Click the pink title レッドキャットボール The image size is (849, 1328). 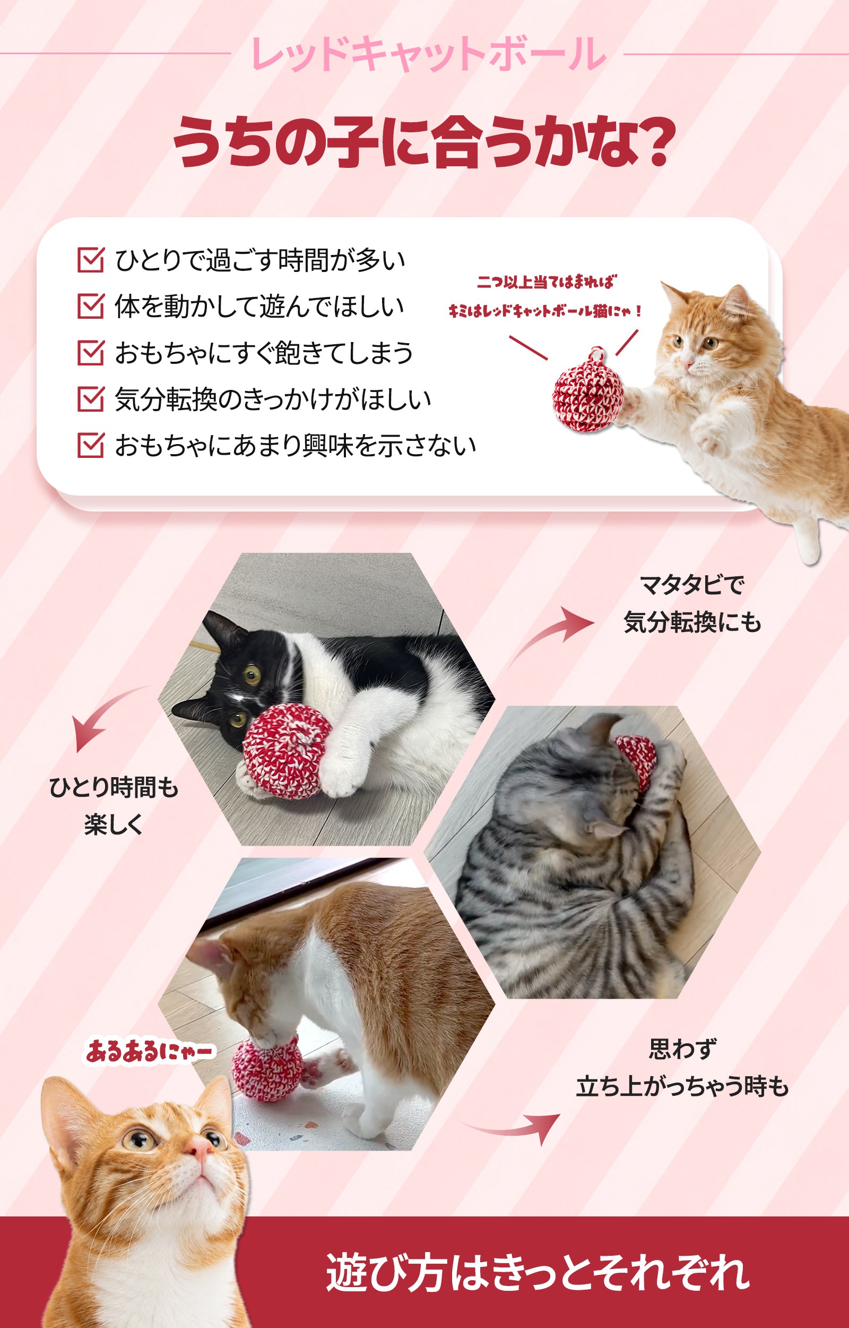(428, 54)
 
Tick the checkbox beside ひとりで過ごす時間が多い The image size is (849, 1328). (91, 260)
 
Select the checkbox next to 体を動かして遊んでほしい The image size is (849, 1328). (91, 306)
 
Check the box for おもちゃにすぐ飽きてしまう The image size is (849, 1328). (91, 353)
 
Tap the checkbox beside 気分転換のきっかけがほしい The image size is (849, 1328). (91, 399)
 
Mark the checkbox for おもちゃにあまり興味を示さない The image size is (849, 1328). (91, 445)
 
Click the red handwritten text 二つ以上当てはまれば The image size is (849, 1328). (547, 282)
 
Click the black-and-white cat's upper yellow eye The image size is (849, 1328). (253, 674)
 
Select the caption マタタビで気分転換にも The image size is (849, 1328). (692, 603)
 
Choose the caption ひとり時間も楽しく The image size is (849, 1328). (114, 806)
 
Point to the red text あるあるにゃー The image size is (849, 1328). (149, 1051)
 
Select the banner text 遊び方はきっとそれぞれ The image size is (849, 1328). (538, 1272)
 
